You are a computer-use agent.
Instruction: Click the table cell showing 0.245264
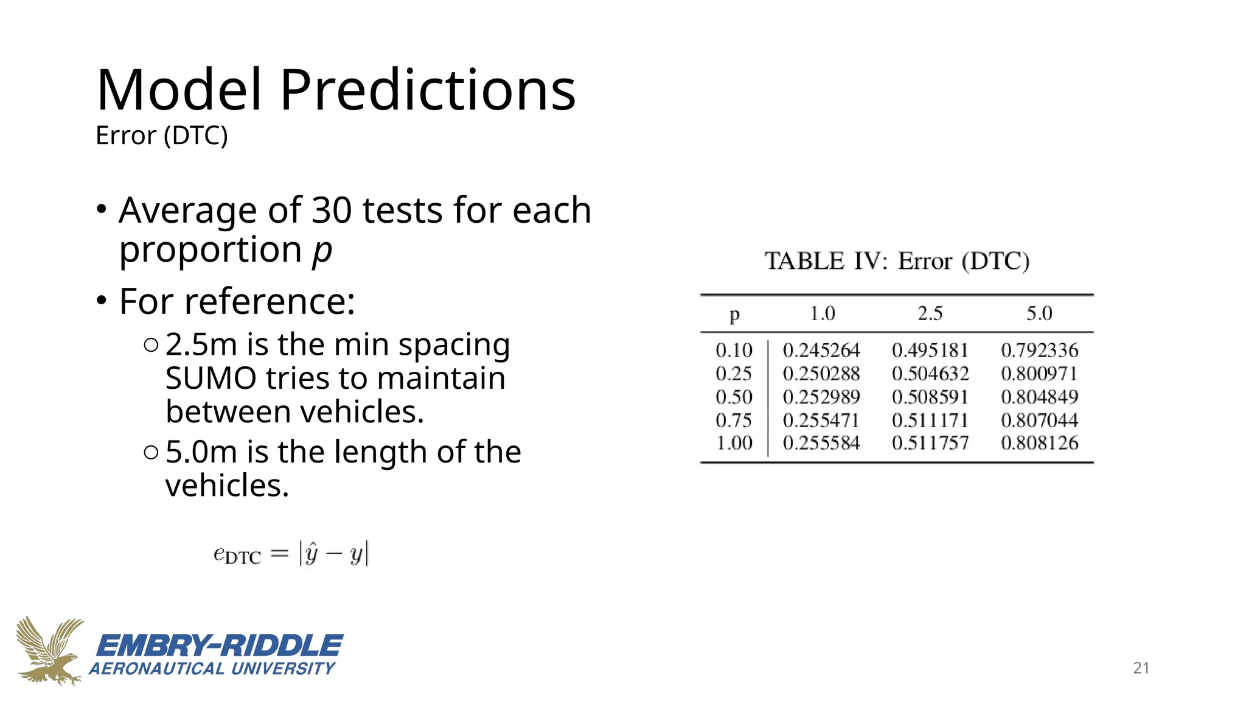(x=821, y=350)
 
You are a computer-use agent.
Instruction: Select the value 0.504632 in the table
(x=930, y=374)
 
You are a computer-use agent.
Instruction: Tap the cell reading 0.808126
(x=1039, y=443)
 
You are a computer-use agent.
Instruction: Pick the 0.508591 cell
(x=930, y=397)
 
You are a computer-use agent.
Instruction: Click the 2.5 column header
(x=930, y=313)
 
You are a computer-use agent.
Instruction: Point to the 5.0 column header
(x=1039, y=313)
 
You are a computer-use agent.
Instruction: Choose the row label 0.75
(x=734, y=420)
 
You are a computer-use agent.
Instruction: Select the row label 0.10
(x=734, y=350)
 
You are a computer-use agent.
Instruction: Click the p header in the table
(x=734, y=315)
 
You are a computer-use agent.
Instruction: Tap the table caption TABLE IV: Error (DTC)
(x=897, y=261)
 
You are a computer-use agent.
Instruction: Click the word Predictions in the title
(x=427, y=90)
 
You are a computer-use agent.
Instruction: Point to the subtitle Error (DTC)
(x=162, y=136)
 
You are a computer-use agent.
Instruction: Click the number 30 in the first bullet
(x=332, y=210)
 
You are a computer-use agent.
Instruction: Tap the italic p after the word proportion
(x=322, y=250)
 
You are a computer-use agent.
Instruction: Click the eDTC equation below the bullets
(x=291, y=554)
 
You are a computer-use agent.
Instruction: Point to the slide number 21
(x=1141, y=668)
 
